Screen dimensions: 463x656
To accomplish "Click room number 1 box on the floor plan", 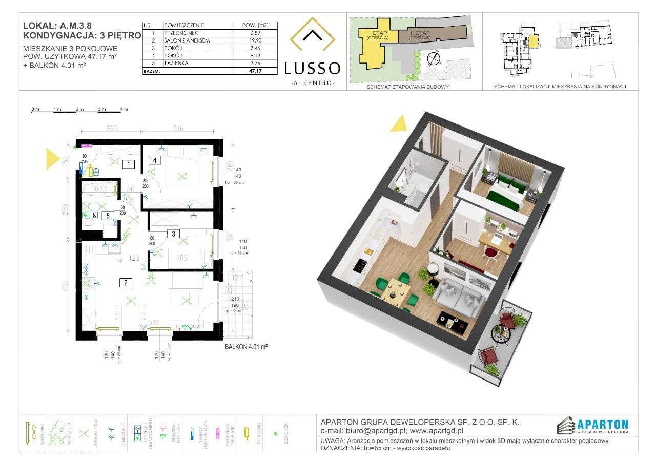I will pos(129,164).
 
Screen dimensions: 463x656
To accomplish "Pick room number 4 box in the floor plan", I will pos(154,160).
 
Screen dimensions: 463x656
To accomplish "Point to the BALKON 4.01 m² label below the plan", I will pos(247,347).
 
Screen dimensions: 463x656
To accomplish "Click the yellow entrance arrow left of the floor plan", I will pos(53,158).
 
